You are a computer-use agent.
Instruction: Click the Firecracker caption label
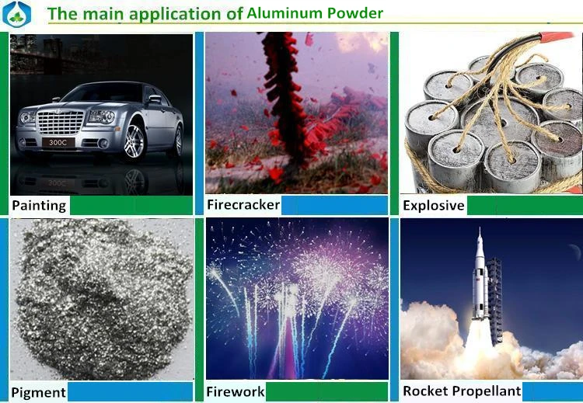click(x=243, y=205)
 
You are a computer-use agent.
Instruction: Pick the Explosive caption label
click(x=433, y=206)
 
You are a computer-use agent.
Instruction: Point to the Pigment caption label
click(x=38, y=392)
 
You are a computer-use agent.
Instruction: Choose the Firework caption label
click(x=236, y=392)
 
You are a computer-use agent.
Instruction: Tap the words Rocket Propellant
click(x=461, y=391)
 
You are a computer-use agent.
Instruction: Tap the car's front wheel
click(x=134, y=141)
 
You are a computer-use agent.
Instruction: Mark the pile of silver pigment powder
click(x=101, y=299)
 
